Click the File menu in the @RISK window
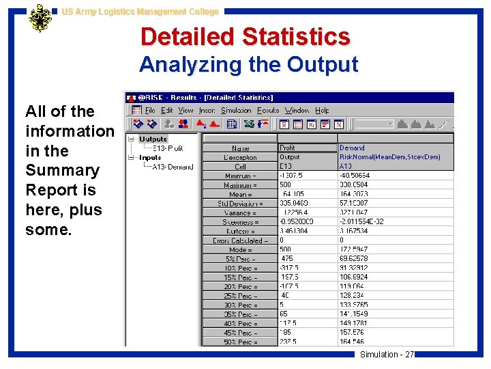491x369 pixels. click(150, 110)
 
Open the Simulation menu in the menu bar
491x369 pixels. click(236, 110)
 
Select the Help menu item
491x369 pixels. click(322, 110)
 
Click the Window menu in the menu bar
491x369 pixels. click(297, 110)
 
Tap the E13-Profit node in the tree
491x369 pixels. click(167, 148)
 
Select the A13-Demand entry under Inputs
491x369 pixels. click(172, 166)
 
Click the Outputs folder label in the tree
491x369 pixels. click(153, 139)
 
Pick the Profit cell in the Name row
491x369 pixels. click(288, 148)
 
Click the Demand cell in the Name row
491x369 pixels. click(352, 148)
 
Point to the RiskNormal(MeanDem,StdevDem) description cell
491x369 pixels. click(389, 157)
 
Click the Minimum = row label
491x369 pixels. click(240, 176)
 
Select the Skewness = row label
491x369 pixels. click(241, 222)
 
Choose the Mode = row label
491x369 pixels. click(241, 250)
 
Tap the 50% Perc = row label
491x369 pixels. click(241, 342)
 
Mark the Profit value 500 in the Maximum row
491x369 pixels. click(286, 185)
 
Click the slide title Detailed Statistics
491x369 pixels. click(245, 37)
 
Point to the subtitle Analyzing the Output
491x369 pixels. click(248, 65)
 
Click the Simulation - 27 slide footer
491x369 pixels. click(387, 354)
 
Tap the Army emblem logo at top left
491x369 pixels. click(40, 18)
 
